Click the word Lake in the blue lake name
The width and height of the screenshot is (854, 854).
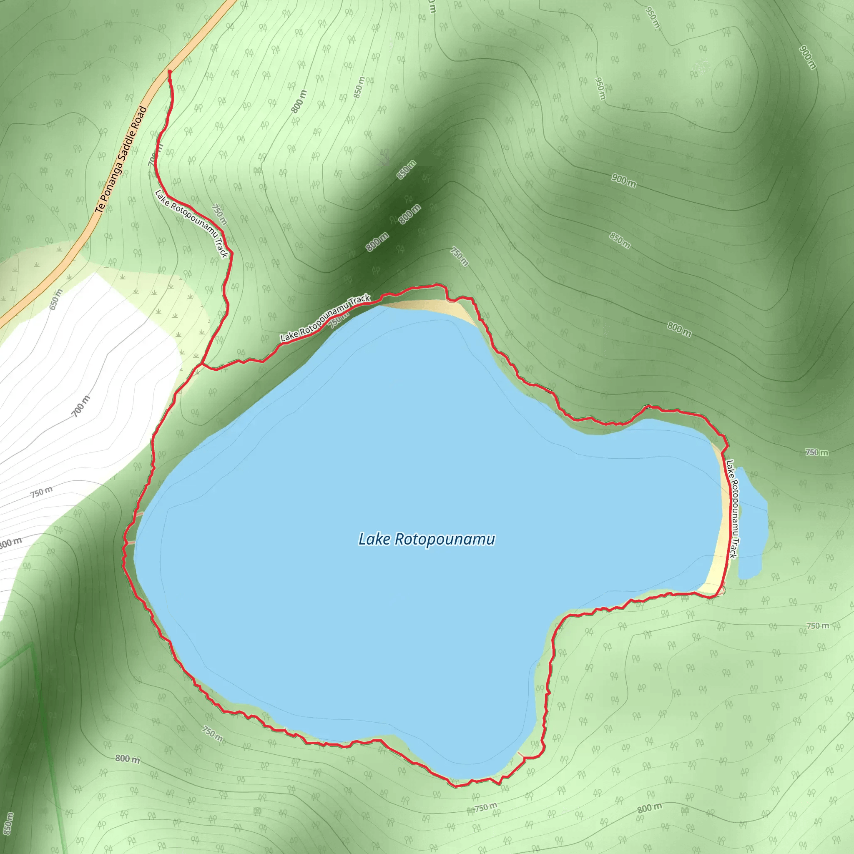pyautogui.click(x=374, y=539)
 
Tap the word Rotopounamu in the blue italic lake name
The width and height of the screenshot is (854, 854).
pyautogui.click(x=444, y=540)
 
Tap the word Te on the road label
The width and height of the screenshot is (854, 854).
pyautogui.click(x=100, y=208)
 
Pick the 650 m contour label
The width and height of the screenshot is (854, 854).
pyautogui.click(x=56, y=300)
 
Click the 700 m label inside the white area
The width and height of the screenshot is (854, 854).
pyautogui.click(x=81, y=406)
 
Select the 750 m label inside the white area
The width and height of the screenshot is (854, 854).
pyautogui.click(x=42, y=492)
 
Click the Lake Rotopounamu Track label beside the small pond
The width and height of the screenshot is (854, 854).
pyautogui.click(x=732, y=509)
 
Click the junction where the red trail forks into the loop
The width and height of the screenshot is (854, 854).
pyautogui.click(x=201, y=365)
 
